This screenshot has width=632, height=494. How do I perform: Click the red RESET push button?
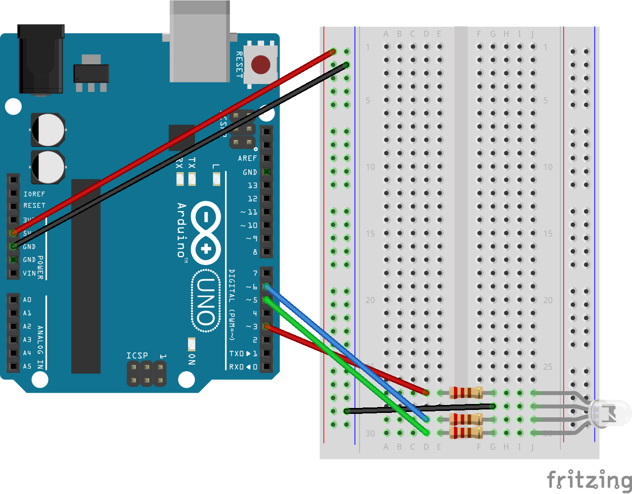261,64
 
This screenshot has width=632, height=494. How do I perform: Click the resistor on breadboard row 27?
465,393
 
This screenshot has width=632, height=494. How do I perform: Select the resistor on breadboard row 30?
465,433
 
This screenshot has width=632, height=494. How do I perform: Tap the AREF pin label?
247,158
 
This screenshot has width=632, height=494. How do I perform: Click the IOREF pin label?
34,194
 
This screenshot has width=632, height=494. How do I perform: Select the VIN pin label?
29,273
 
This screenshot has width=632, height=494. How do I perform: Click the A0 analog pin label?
27,300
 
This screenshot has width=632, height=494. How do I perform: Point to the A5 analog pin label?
27,366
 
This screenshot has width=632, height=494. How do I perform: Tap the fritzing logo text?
588,480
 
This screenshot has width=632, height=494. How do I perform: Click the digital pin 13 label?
253,185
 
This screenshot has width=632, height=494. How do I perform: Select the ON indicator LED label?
192,359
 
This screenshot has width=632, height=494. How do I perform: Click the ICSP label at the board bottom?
137,356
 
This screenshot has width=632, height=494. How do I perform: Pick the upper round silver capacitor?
48,130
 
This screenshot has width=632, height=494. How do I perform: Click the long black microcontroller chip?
86,276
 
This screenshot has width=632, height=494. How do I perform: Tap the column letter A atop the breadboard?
386,34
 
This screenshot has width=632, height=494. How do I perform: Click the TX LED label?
192,163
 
